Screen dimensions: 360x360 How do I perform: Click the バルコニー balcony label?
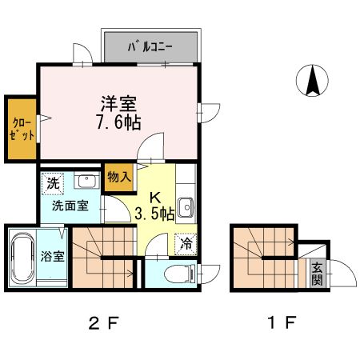150,47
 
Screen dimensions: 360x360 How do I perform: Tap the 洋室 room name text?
118,103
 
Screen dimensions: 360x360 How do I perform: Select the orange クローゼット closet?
20,128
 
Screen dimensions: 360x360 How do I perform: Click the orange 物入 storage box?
118,177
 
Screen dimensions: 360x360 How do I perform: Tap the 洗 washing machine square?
53,182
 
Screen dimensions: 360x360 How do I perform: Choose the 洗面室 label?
70,206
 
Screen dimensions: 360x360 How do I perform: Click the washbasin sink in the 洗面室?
85,182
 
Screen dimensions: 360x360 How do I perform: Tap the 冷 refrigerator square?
185,244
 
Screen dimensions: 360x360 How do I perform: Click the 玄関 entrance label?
317,274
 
